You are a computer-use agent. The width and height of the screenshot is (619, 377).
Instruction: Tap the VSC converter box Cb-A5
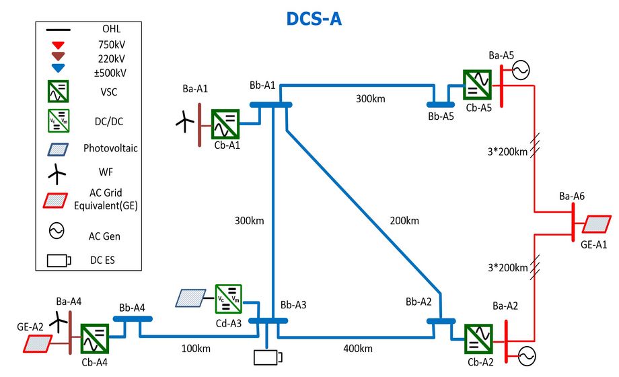tap(477, 85)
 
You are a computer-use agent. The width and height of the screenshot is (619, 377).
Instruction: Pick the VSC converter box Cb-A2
tap(478, 339)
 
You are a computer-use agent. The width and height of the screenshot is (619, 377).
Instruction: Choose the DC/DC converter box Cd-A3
tap(228, 298)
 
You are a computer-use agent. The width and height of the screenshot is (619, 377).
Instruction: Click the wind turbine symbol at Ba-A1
tap(183, 121)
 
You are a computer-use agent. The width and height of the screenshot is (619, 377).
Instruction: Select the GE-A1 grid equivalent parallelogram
tap(597, 224)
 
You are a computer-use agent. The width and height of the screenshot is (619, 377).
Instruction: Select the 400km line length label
tap(357, 348)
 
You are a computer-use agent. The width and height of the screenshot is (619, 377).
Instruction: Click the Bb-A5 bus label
tap(441, 116)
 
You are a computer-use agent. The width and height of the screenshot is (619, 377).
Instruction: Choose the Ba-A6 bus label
tap(572, 196)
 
